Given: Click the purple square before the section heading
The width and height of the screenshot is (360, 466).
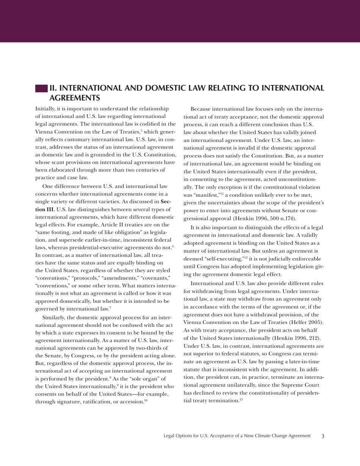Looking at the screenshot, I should click(x=41, y=88).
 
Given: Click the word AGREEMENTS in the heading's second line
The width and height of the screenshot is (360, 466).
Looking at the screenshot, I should click(x=75, y=98).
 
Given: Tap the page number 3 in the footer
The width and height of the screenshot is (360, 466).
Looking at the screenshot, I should click(x=322, y=436).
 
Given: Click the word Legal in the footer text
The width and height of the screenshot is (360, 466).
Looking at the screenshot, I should click(x=169, y=436).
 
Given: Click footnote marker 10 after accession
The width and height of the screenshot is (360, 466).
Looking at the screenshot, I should click(x=146, y=400).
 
